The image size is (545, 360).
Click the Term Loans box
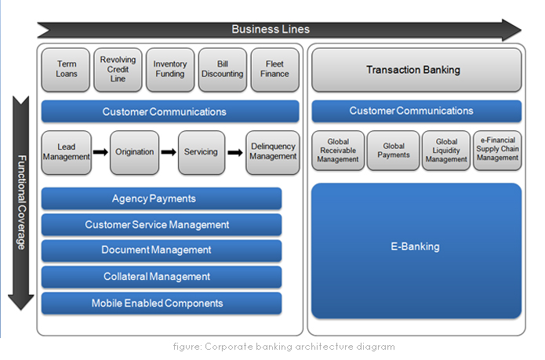67,69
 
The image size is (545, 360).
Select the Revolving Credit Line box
118,69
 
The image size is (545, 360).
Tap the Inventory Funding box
170,69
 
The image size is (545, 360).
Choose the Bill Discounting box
223,69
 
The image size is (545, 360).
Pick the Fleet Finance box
274,69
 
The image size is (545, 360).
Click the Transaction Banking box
416,70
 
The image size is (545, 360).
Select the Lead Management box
67,151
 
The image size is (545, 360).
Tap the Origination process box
134,151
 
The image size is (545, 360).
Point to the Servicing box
202,151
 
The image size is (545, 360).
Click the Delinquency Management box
273,151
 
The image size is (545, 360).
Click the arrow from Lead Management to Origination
100,151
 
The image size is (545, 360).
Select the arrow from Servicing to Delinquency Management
235,151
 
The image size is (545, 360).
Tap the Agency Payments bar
161,198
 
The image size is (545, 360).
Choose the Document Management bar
161,250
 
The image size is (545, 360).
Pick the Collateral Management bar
161,277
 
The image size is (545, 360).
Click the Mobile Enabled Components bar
161,303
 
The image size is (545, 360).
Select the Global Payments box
394,151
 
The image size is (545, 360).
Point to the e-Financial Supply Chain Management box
497,149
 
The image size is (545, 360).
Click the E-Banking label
416,247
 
